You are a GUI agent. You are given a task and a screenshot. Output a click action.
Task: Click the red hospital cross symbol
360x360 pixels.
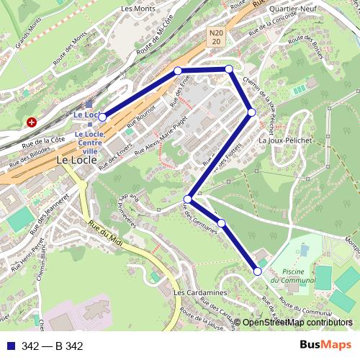point(32,122)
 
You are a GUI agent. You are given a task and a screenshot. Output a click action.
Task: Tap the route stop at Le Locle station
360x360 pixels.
point(102,116)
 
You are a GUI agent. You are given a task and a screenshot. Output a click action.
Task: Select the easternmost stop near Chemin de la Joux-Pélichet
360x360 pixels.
point(251,112)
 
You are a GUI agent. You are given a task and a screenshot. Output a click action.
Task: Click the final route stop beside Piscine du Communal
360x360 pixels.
point(258,271)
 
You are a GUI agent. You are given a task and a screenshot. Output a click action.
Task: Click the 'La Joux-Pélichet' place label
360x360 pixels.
point(286,141)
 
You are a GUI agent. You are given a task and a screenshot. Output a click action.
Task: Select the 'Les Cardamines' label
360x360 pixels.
point(200,294)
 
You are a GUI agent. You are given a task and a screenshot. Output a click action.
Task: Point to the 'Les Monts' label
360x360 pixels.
point(138,9)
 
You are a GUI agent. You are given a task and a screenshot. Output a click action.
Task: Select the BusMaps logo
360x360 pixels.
point(325,346)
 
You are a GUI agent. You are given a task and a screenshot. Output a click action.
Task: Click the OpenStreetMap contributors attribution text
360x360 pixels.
point(297,323)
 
